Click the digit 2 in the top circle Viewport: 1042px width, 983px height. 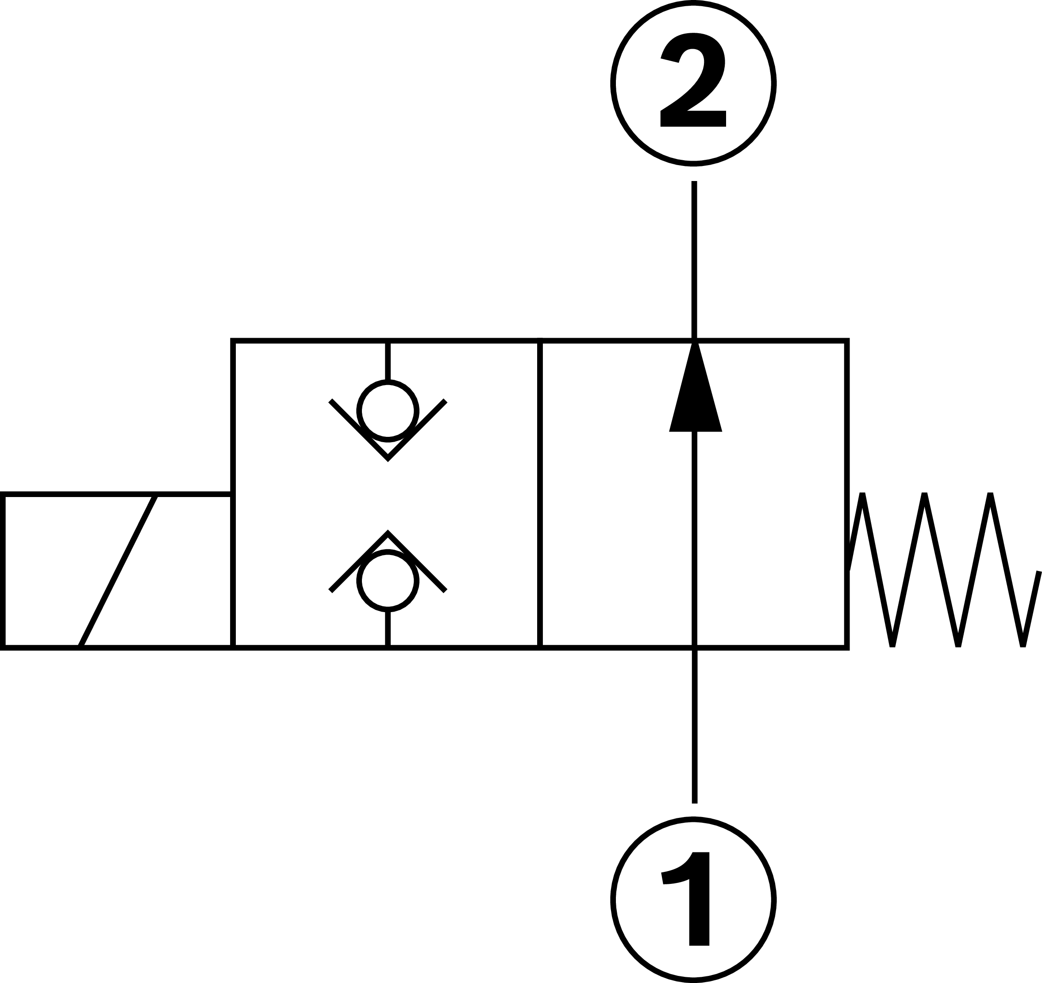693,81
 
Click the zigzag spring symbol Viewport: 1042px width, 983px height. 938,571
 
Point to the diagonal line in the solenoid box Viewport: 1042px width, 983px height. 118,571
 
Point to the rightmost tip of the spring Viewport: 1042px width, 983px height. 1038,573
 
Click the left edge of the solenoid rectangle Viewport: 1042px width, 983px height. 3,571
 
